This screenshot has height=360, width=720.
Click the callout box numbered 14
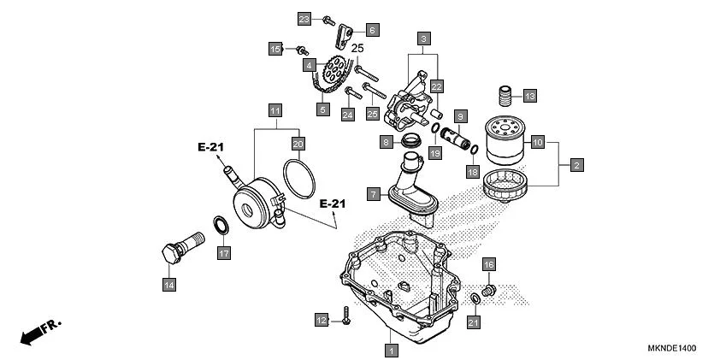(169, 283)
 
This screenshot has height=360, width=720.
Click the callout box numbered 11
(274, 110)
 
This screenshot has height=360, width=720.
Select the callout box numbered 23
(304, 19)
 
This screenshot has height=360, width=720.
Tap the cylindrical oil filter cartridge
(504, 141)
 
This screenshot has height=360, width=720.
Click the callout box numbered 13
(529, 96)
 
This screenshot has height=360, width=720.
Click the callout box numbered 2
(576, 163)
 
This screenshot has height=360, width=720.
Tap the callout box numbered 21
(473, 322)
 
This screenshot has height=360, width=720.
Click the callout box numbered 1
(391, 350)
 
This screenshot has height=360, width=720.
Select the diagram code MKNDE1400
(671, 349)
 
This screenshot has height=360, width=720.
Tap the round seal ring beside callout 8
(412, 140)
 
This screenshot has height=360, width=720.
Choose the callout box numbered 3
(424, 38)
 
